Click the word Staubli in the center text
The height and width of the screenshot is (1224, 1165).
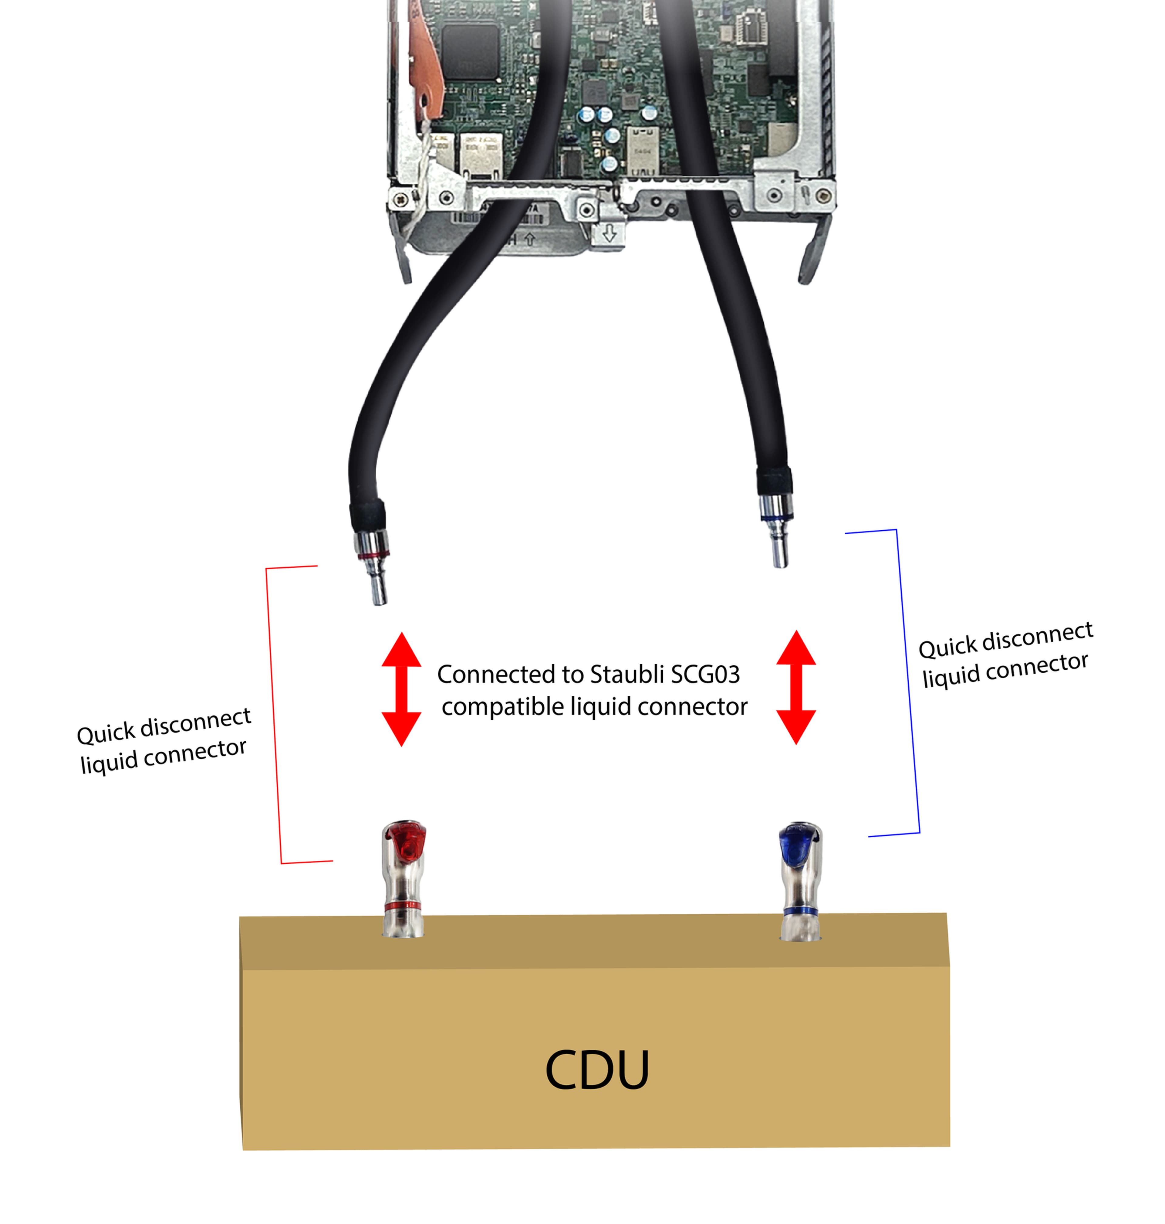[x=624, y=674]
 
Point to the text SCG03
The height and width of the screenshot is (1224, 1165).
[x=703, y=674]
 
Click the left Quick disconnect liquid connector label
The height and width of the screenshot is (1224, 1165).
[x=163, y=741]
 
